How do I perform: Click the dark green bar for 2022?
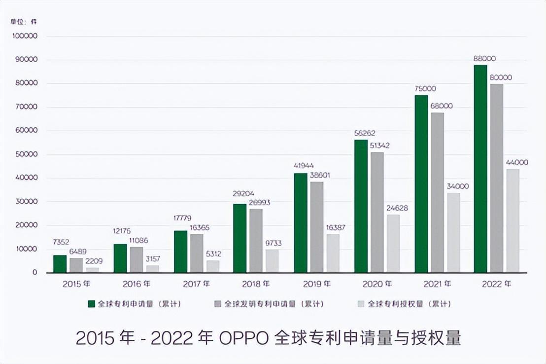coord(480,169)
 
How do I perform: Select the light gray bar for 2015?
coord(92,270)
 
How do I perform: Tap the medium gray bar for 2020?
coord(377,212)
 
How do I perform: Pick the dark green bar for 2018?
coord(240,238)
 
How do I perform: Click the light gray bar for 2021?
coord(453,232)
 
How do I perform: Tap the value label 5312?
coord(213,254)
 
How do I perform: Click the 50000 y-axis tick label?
coord(27,154)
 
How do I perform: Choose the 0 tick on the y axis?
coord(34,272)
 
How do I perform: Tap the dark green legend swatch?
coord(92,304)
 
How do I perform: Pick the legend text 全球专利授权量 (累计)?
coord(409,304)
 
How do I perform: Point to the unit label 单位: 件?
coord(24,22)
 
